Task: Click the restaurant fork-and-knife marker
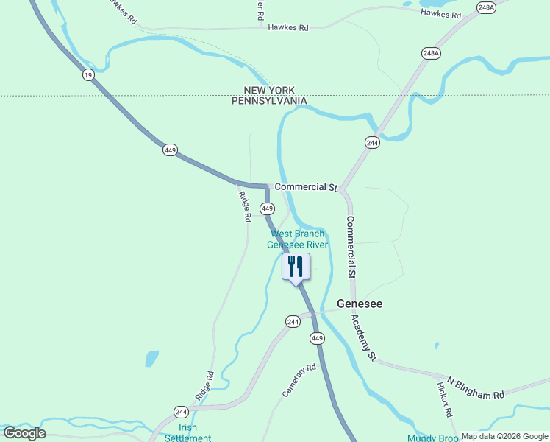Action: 296,267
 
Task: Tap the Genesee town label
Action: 360,304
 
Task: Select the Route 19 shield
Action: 88,74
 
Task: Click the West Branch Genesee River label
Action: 297,239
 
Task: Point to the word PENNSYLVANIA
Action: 269,101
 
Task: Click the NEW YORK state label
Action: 269,91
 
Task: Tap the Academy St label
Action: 363,337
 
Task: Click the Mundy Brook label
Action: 434,438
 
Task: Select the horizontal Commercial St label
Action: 305,187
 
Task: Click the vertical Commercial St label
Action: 351,246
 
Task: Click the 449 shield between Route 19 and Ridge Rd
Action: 171,150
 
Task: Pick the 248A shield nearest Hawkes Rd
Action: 486,8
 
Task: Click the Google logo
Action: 24,433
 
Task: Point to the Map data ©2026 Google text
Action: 505,436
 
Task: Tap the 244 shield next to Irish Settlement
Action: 182,411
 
